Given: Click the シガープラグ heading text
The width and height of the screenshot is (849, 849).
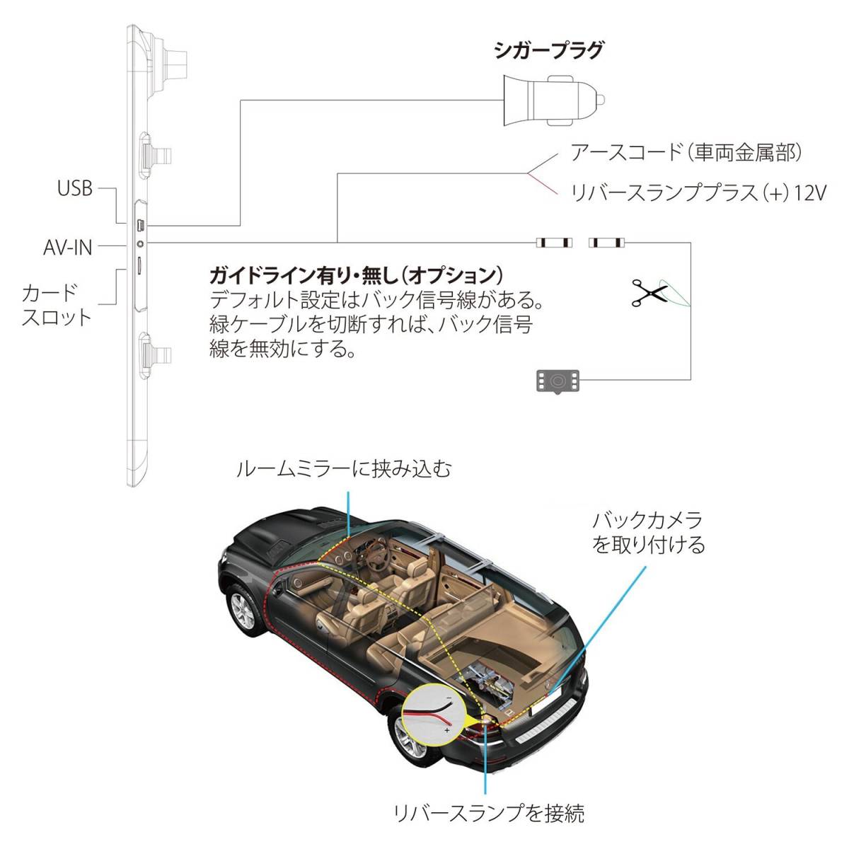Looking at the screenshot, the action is click(x=548, y=51).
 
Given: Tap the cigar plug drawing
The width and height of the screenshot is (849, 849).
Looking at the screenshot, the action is click(x=554, y=100).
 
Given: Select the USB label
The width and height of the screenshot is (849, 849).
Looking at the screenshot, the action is click(x=75, y=189).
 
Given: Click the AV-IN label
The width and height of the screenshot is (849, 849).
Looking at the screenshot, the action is click(x=68, y=248).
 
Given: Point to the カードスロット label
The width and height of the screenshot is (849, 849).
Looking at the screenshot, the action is click(x=57, y=306).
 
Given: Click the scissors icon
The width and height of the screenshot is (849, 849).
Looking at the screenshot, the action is click(x=649, y=292).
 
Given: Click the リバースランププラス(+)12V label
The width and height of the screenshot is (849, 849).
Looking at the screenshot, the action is click(x=698, y=193).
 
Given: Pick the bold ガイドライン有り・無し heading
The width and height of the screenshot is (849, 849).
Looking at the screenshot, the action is click(x=356, y=276).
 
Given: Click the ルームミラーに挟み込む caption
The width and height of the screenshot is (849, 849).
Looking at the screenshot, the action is click(x=344, y=469).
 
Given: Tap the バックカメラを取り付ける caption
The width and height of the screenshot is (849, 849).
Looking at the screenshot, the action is click(x=648, y=532).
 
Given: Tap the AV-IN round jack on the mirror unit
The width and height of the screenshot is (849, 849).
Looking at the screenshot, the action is click(x=140, y=243).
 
